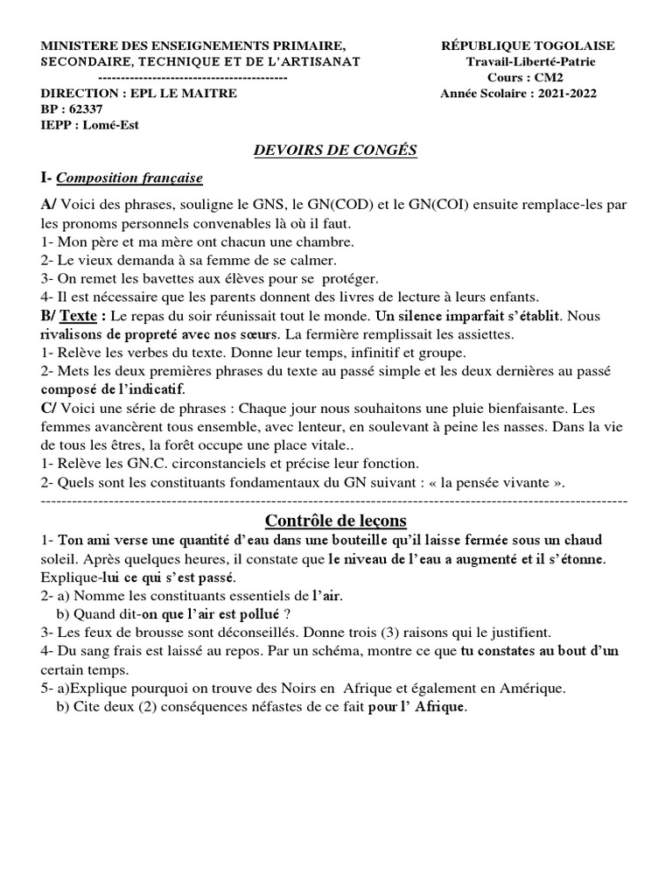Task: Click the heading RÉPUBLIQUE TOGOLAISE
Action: tap(528, 45)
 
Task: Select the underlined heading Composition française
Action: tap(129, 178)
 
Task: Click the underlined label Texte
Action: tap(82, 316)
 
